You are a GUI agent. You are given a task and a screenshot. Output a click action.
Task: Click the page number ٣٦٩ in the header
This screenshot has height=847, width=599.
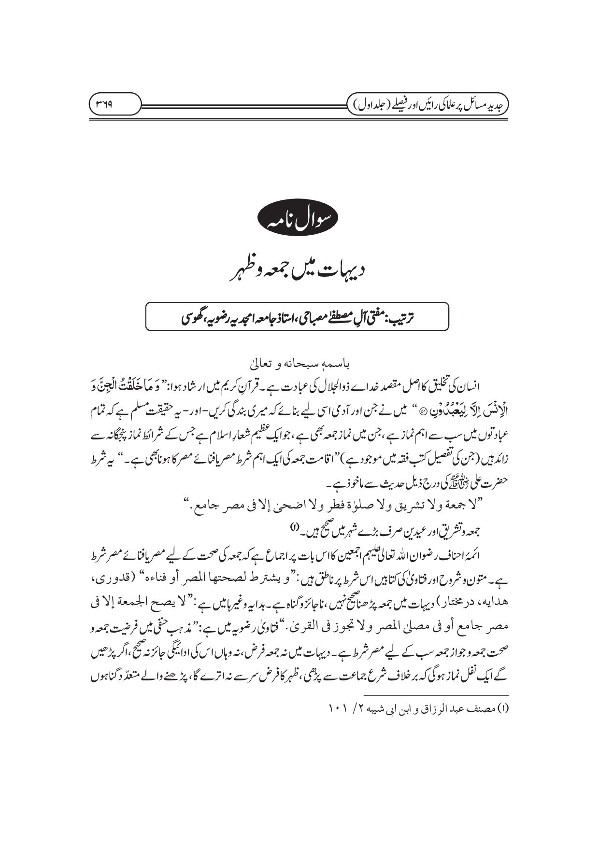tap(114, 104)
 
